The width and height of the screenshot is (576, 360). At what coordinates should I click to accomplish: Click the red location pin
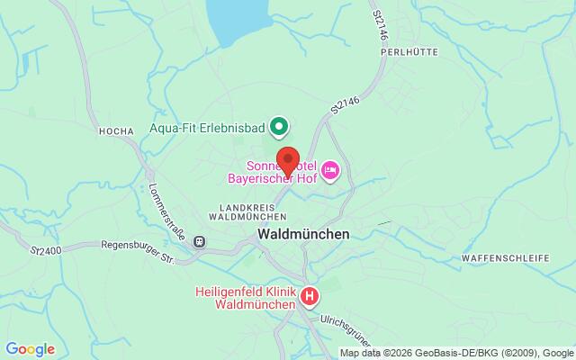coord(288,160)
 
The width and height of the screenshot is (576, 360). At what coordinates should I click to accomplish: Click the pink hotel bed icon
coord(330,168)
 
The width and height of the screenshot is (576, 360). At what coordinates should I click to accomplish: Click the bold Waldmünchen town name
coord(303,232)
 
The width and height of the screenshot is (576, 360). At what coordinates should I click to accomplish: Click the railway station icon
coord(200,241)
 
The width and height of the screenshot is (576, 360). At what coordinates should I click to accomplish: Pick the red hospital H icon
coord(310,295)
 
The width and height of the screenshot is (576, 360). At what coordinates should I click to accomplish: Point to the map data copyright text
coord(456,351)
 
